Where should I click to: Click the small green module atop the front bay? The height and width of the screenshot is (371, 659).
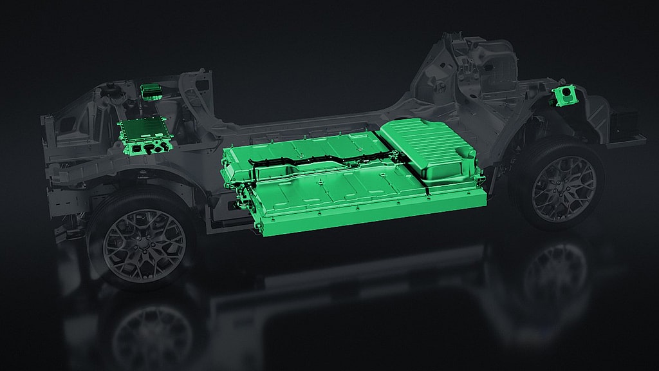point(150,90)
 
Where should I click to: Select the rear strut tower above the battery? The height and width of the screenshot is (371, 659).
point(476,64)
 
